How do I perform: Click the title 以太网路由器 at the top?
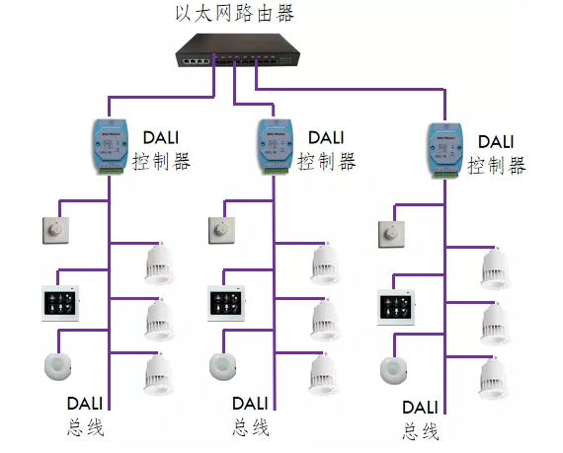click(x=235, y=14)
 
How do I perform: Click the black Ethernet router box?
click(x=238, y=50)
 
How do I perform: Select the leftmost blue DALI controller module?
click(x=111, y=146)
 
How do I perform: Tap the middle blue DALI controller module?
click(x=276, y=146)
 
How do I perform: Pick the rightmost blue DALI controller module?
click(x=445, y=150)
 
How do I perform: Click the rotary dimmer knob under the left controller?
click(x=55, y=230)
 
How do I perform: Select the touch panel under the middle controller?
click(x=226, y=303)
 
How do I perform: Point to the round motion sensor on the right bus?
click(x=393, y=370)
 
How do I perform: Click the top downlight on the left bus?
click(x=159, y=264)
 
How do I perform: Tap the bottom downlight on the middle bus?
click(x=324, y=374)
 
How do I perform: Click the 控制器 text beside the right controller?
click(x=497, y=166)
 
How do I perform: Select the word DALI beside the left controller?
click(x=161, y=138)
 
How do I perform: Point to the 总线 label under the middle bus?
click(x=251, y=427)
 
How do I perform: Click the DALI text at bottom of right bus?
click(x=420, y=408)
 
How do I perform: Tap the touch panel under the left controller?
click(x=60, y=303)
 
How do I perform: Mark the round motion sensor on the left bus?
click(x=58, y=366)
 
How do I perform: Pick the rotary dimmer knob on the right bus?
click(x=392, y=234)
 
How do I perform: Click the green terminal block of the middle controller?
click(x=277, y=171)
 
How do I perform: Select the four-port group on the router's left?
click(x=196, y=61)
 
